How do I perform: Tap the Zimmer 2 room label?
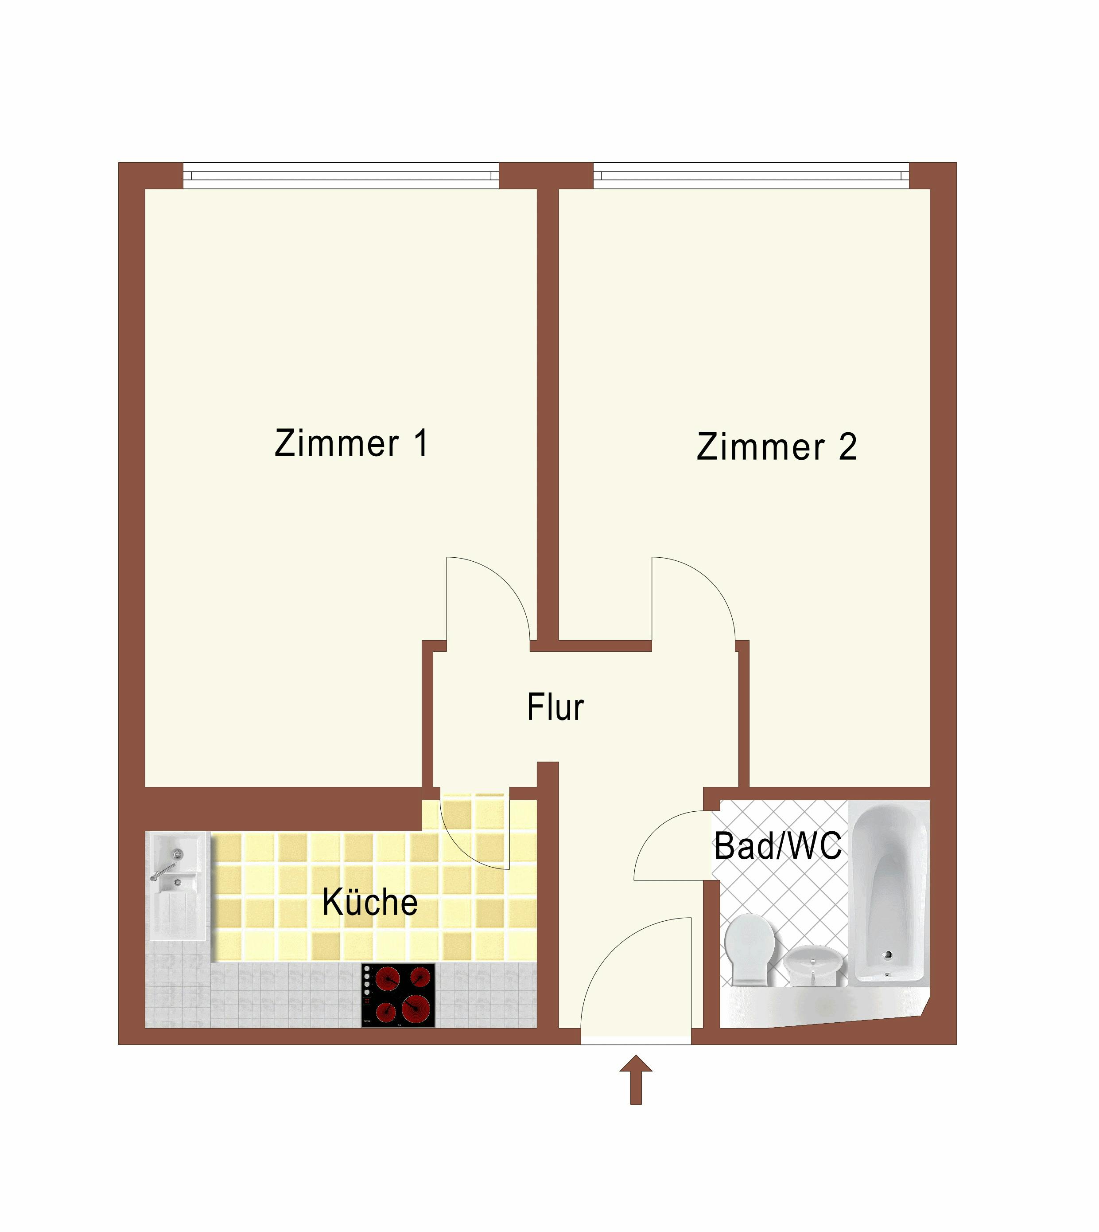coord(777,447)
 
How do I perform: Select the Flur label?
coord(555,707)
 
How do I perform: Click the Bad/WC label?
coord(778,846)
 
